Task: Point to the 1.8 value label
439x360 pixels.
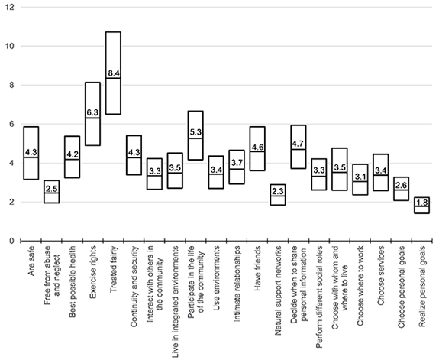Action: point(421,203)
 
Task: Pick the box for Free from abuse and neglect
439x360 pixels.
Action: point(51,192)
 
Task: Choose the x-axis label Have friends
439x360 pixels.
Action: point(258,274)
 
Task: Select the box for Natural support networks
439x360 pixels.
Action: point(278,195)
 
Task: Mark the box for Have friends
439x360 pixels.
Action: point(257,149)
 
